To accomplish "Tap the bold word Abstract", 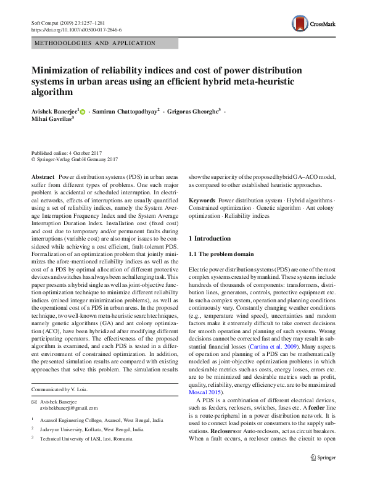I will click(x=42, y=176).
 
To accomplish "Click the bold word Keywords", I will click(x=201, y=201).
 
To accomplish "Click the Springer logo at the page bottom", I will click(x=323, y=474).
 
